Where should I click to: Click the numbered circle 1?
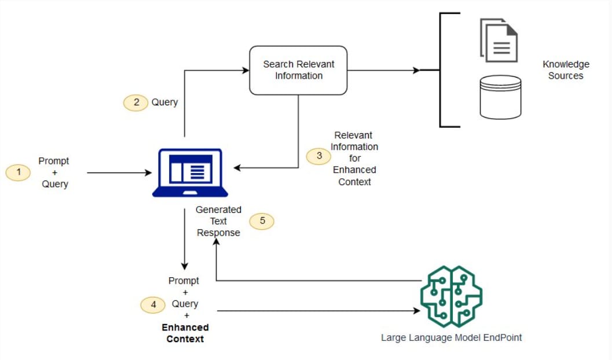click(x=18, y=172)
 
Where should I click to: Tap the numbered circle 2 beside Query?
click(x=136, y=102)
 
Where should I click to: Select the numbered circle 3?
click(x=319, y=156)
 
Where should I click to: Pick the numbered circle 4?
click(x=153, y=304)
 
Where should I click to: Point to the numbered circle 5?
click(x=262, y=221)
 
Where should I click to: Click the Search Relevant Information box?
click(x=298, y=70)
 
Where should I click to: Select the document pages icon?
click(x=499, y=40)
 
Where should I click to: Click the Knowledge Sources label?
click(x=566, y=70)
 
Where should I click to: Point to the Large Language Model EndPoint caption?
click(x=451, y=337)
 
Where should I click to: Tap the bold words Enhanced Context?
click(x=185, y=333)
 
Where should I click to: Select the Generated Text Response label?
click(x=218, y=221)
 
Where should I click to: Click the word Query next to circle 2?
click(x=164, y=102)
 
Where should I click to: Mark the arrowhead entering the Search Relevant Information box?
click(x=245, y=71)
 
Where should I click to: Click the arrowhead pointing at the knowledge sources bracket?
click(x=416, y=71)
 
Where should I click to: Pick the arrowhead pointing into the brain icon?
click(x=416, y=311)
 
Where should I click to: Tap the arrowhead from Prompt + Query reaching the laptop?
click(x=148, y=172)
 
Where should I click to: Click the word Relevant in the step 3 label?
click(x=353, y=135)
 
